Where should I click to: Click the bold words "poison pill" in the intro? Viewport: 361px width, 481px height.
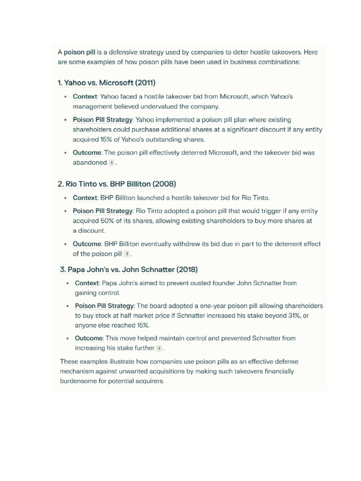tap(79, 52)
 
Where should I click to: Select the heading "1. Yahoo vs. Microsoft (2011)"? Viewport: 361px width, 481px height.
tap(106, 83)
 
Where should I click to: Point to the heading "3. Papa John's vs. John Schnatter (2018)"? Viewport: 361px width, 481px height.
tap(129, 270)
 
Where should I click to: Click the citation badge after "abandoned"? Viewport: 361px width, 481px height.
tap(111, 163)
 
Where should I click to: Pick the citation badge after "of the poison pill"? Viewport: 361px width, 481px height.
tap(127, 254)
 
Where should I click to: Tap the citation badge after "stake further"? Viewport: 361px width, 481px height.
tap(159, 348)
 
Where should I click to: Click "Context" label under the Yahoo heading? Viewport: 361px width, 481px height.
tap(85, 96)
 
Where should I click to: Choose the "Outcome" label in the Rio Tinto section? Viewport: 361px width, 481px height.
tap(87, 244)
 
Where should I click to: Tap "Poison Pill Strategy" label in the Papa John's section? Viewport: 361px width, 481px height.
tap(104, 306)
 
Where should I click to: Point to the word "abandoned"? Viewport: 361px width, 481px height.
tap(90, 163)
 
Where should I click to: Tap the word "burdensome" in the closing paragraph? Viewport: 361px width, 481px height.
tap(78, 381)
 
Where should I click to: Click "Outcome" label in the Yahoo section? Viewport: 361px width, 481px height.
tap(87, 153)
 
